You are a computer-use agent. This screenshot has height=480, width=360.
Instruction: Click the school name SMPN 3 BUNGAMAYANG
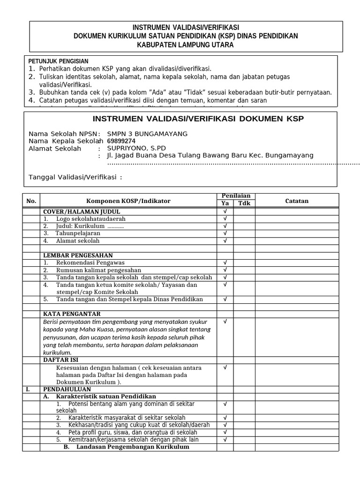tap(147, 134)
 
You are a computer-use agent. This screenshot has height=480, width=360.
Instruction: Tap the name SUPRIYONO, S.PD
tap(136, 148)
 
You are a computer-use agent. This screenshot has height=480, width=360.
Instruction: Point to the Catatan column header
tap(297, 201)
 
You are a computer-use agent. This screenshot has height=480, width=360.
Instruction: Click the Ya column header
tap(225, 203)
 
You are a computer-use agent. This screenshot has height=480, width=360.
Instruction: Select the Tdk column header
tap(244, 203)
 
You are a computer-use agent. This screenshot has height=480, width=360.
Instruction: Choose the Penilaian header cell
tap(235, 196)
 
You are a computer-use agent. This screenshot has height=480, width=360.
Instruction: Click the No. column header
tap(31, 201)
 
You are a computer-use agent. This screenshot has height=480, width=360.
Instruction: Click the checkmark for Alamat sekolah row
tap(225, 240)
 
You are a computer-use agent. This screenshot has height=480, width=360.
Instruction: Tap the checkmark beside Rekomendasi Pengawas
tap(225, 262)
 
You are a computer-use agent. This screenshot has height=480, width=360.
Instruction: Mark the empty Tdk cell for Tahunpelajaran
tap(244, 233)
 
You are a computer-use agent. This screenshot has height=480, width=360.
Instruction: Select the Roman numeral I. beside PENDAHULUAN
tap(28, 389)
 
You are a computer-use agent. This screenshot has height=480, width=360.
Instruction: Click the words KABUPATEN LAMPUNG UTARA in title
tap(185, 45)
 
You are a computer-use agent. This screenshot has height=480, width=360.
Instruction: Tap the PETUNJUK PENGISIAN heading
tap(58, 61)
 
